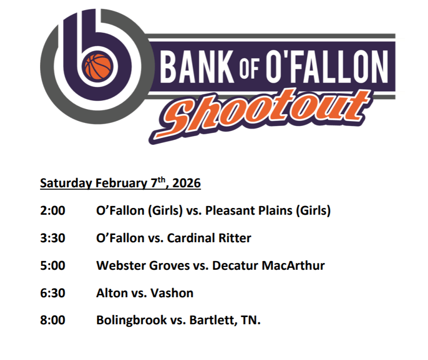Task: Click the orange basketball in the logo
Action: click(x=98, y=67)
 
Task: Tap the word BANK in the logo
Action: click(x=197, y=67)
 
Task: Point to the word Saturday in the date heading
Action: click(x=66, y=183)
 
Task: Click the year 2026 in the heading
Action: click(x=187, y=183)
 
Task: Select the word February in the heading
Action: click(x=121, y=183)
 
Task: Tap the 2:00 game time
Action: click(x=53, y=211)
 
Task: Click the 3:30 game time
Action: click(x=53, y=238)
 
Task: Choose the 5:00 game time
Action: click(x=53, y=265)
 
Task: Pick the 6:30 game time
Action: click(x=53, y=293)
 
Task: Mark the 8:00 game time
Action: click(x=53, y=320)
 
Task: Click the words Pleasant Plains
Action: click(x=249, y=211)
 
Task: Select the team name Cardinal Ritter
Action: click(x=209, y=238)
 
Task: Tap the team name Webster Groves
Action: click(x=143, y=265)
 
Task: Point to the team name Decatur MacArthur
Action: click(x=269, y=265)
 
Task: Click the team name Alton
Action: click(x=112, y=293)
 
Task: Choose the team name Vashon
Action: click(x=172, y=293)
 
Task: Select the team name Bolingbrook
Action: click(x=132, y=320)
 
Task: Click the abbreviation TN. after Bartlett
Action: click(x=251, y=320)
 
